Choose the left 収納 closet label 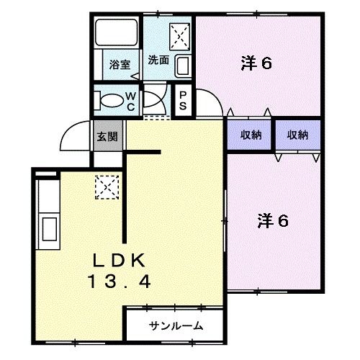click(251, 135)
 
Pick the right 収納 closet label click(297, 135)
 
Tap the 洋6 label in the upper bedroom click(256, 64)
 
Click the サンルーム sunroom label click(176, 326)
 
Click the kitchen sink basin click(50, 228)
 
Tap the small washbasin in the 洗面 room click(181, 67)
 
